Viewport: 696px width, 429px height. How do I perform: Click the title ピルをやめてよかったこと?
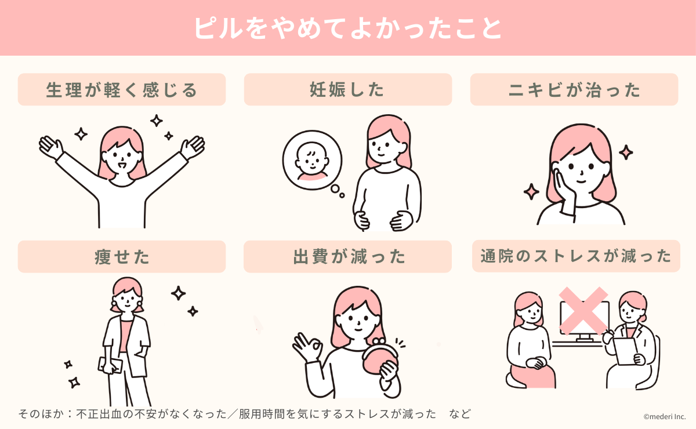coord(347,28)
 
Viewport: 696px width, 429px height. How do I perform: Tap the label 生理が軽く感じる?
coord(121,90)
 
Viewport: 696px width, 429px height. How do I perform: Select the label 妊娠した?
coord(347,90)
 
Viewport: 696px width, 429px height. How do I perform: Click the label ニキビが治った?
coord(574,90)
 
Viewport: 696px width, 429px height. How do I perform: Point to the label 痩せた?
coord(121,256)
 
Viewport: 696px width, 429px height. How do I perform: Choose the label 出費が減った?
coord(347,256)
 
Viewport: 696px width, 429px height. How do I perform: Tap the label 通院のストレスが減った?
coord(575,256)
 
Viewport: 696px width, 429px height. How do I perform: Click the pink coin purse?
coord(380,363)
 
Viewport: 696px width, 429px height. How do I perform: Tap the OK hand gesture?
coord(307,348)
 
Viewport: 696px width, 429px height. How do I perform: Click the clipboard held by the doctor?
coord(625,351)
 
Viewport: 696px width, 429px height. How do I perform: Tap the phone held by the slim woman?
coord(110,364)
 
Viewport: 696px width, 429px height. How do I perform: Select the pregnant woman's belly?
coord(380,209)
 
